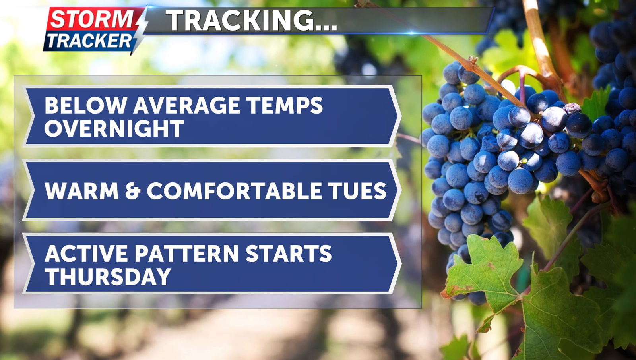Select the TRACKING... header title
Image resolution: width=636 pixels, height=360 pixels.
pyautogui.click(x=252, y=20)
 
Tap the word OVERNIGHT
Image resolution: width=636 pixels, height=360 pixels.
pyautogui.click(x=114, y=128)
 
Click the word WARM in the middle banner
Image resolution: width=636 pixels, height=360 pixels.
pyautogui.click(x=81, y=191)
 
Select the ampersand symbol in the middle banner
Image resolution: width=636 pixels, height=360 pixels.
pyautogui.click(x=133, y=191)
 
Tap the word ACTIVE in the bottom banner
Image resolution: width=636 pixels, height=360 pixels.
pyautogui.click(x=86, y=253)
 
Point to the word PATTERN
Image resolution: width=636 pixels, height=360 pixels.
pyautogui.click(x=186, y=253)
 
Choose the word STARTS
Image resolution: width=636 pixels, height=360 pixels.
pyautogui.click(x=289, y=253)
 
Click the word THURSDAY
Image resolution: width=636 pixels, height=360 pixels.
pyautogui.click(x=108, y=276)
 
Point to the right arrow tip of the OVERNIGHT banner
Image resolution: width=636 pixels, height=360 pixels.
pyautogui.click(x=401, y=116)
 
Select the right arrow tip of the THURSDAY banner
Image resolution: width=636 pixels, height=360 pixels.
pyautogui.click(x=401, y=263)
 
